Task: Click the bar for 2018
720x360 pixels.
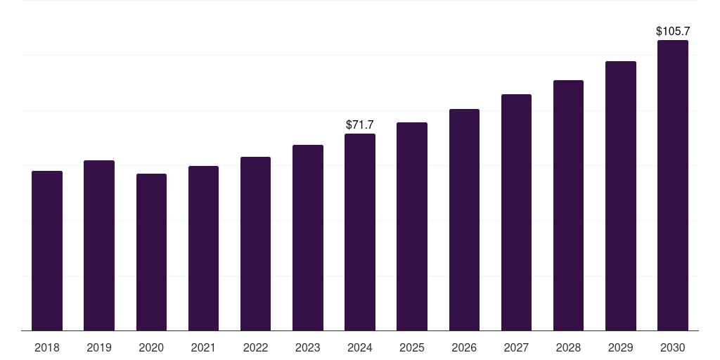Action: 47,250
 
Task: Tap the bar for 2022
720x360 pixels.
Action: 255,243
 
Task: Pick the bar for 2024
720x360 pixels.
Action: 360,232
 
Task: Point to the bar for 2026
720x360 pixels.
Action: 464,219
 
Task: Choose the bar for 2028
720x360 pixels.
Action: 568,205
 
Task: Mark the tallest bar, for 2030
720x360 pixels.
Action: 673,185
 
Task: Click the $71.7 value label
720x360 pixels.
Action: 360,124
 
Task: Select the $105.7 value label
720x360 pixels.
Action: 673,31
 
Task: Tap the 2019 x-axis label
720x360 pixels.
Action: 99,347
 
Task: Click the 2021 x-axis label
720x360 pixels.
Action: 203,347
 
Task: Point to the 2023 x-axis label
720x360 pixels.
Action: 308,347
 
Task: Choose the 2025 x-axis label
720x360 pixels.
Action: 412,347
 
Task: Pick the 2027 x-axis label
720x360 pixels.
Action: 516,347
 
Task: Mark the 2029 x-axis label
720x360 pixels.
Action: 621,347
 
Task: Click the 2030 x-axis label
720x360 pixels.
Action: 673,347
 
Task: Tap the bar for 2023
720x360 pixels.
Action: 308,238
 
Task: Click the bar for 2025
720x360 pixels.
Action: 412,226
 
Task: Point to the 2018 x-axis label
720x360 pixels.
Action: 47,347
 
